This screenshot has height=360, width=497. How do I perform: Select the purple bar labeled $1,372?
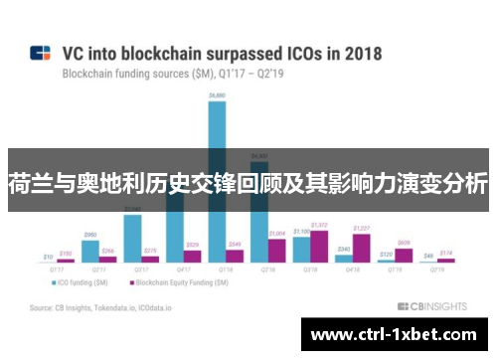pyautogui.click(x=319, y=245)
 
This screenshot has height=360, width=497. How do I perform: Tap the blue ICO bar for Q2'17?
pyautogui.click(x=89, y=253)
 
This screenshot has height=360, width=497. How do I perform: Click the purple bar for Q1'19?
pyautogui.click(x=404, y=255)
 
